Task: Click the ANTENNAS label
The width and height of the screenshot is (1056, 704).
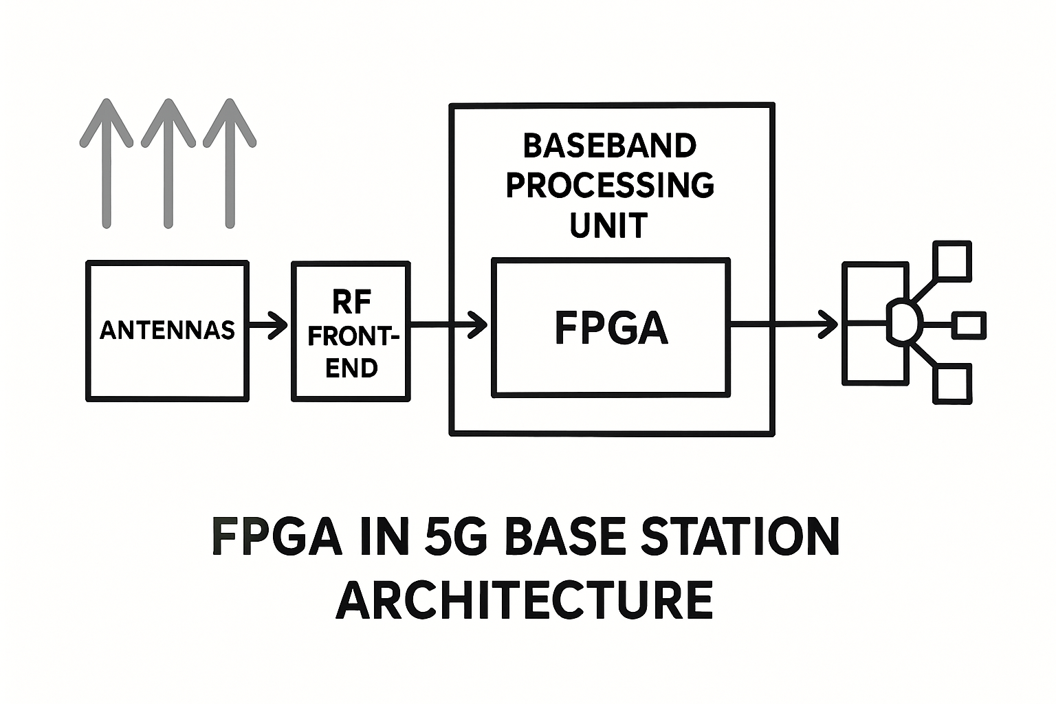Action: pyautogui.click(x=167, y=330)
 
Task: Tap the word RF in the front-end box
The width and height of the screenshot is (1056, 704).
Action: pyautogui.click(x=351, y=302)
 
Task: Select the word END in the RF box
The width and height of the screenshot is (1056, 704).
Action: pyautogui.click(x=351, y=368)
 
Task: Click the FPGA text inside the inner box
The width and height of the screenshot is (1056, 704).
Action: pyautogui.click(x=611, y=328)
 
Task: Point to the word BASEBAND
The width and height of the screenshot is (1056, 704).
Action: pyautogui.click(x=610, y=146)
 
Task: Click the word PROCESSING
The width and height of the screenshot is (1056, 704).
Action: pyautogui.click(x=610, y=186)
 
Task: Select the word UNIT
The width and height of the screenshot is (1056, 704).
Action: pyautogui.click(x=609, y=225)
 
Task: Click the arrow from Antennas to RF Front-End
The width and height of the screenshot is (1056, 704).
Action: pyautogui.click(x=267, y=325)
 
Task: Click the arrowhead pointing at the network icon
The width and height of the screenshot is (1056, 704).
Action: pyautogui.click(x=828, y=324)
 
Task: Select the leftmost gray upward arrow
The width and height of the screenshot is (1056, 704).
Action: pyautogui.click(x=107, y=163)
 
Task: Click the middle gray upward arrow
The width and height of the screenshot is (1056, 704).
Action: pyautogui.click(x=168, y=163)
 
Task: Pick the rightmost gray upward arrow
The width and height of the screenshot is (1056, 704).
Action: pyautogui.click(x=230, y=163)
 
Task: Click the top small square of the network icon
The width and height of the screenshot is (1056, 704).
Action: pyautogui.click(x=952, y=261)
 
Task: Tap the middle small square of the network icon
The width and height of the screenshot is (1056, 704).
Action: pyautogui.click(x=969, y=325)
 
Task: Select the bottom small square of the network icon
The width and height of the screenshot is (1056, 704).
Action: pyautogui.click(x=952, y=384)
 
